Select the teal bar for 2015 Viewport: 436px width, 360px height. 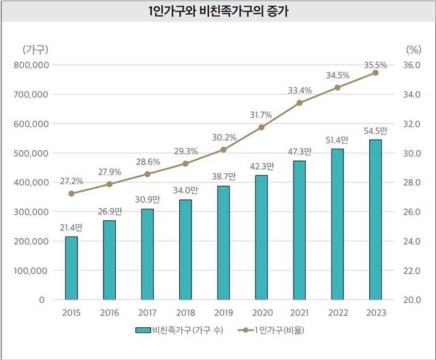pyautogui.click(x=72, y=268)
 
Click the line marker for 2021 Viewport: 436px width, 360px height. pyautogui.click(x=300, y=103)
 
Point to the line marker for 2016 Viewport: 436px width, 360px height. pyautogui.click(x=110, y=184)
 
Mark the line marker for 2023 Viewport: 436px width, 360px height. pyautogui.click(x=375, y=72)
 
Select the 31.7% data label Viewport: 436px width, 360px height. pyautogui.click(x=261, y=115)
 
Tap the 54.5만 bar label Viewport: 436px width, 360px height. pyautogui.click(x=375, y=130)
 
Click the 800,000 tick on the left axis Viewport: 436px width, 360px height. pyautogui.click(x=31, y=65)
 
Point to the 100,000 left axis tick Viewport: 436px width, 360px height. pyautogui.click(x=31, y=271)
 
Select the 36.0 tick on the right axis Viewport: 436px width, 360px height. pyautogui.click(x=414, y=65)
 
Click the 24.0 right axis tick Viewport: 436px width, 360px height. pyautogui.click(x=414, y=241)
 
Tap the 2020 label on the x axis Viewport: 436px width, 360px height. pyautogui.click(x=262, y=313)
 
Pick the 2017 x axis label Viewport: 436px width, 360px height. pyautogui.click(x=148, y=313)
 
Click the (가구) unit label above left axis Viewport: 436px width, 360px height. pyautogui.click(x=35, y=49)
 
